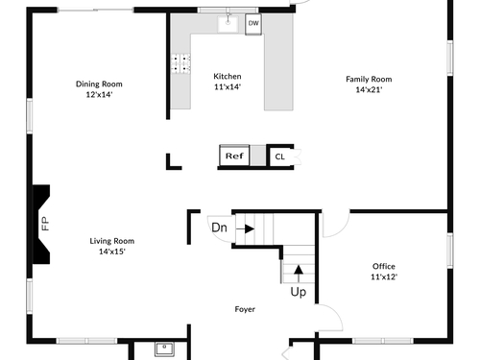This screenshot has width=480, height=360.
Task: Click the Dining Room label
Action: pyautogui.click(x=99, y=84)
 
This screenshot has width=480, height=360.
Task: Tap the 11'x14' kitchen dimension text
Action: pyautogui.click(x=228, y=86)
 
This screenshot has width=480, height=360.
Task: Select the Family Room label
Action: pyautogui.click(x=369, y=79)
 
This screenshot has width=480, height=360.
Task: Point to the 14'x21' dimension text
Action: pyautogui.click(x=369, y=89)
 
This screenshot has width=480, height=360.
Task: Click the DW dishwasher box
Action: pyautogui.click(x=253, y=24)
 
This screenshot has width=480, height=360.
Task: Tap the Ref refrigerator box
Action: pyautogui.click(x=234, y=156)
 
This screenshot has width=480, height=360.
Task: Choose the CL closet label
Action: pyautogui.click(x=279, y=156)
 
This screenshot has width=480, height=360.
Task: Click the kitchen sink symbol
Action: pyautogui.click(x=228, y=23)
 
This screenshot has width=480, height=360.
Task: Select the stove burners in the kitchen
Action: pyautogui.click(x=180, y=63)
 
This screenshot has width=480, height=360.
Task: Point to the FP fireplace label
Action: pyautogui.click(x=45, y=224)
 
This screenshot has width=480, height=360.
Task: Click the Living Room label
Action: pyautogui.click(x=112, y=241)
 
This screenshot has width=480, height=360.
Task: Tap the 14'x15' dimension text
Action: pyautogui.click(x=112, y=252)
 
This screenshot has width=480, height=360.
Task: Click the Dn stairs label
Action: pyautogui.click(x=219, y=228)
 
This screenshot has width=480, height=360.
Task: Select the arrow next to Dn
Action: pyautogui.click(x=245, y=228)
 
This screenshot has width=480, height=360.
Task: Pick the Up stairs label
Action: pyautogui.click(x=299, y=292)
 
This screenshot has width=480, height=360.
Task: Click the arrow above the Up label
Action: pyautogui.click(x=299, y=274)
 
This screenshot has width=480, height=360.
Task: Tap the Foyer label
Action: pyautogui.click(x=245, y=309)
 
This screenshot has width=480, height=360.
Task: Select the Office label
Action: pyautogui.click(x=384, y=266)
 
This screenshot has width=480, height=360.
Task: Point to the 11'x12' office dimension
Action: pyautogui.click(x=384, y=276)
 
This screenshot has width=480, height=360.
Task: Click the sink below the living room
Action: pyautogui.click(x=164, y=349)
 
